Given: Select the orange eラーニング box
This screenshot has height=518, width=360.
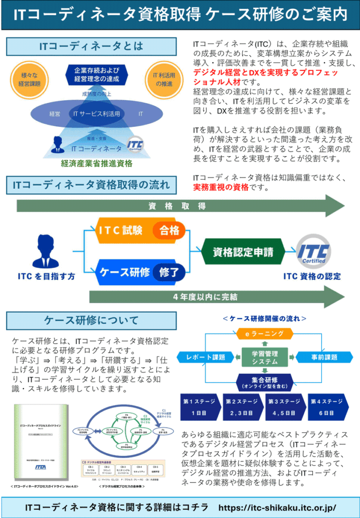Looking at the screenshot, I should point(264,333).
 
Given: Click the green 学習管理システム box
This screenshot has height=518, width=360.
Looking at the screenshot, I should point(264,357).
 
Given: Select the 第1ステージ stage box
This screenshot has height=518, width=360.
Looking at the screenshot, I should point(200,407).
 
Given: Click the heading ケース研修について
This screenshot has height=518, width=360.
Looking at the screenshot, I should point(91,320).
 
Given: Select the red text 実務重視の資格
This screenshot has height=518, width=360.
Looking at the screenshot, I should point(220,187).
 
